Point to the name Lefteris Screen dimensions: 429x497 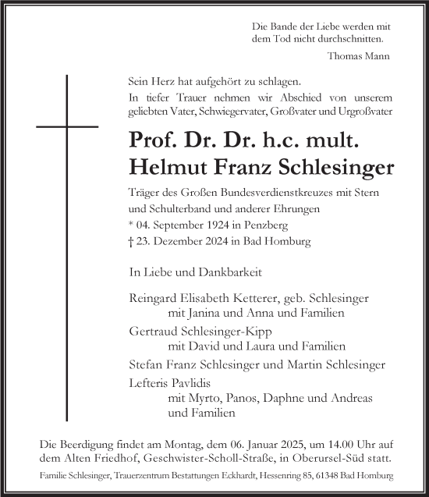[150, 383]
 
